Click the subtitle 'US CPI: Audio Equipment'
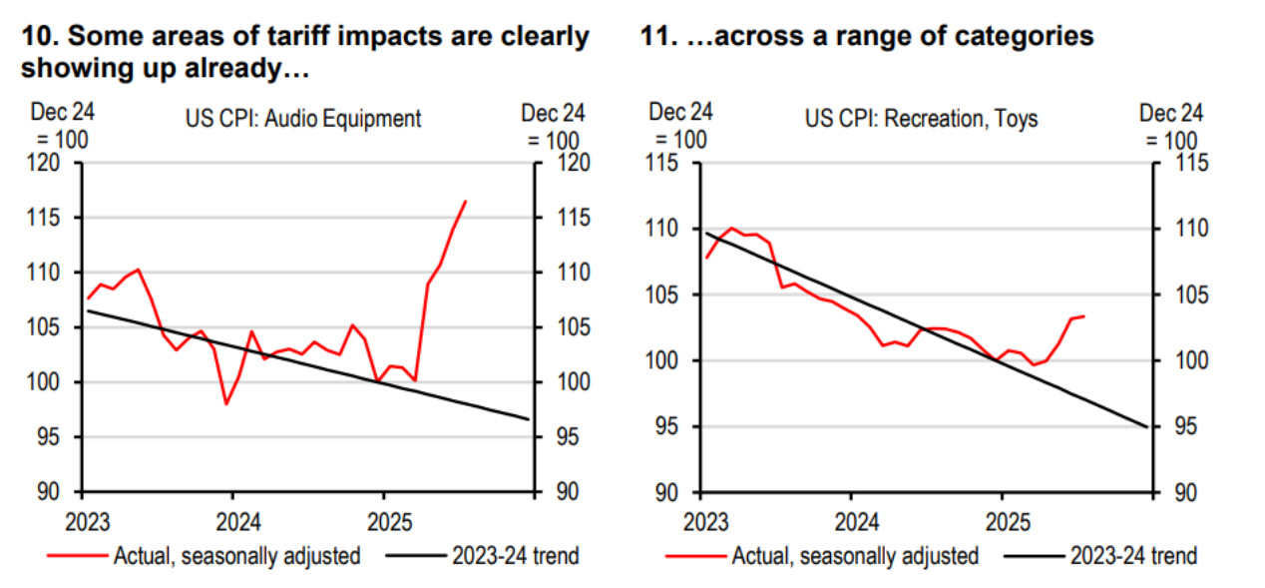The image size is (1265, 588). (303, 119)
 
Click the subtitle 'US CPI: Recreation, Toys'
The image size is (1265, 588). (921, 120)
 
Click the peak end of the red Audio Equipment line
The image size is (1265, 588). (465, 202)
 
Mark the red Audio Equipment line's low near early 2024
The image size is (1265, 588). (227, 403)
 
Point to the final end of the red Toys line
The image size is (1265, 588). (1083, 316)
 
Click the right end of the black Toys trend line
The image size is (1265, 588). (1146, 426)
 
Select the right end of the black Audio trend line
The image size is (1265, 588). (528, 418)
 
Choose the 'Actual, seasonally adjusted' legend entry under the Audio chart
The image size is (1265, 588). (236, 555)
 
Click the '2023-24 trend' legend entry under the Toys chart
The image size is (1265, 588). (1133, 555)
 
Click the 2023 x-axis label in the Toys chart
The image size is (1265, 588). (704, 521)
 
